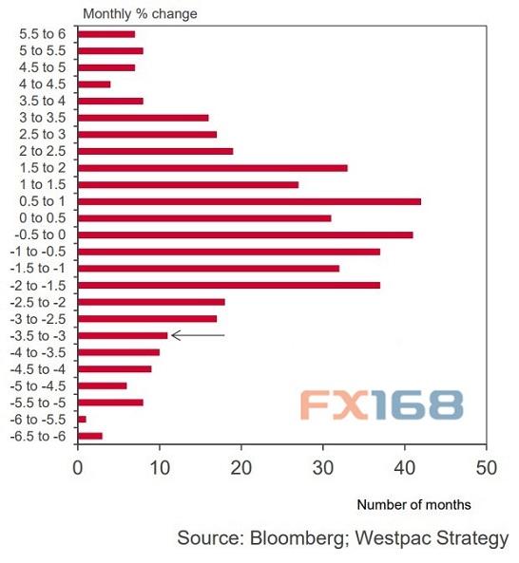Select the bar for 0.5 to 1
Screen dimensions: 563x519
click(249, 201)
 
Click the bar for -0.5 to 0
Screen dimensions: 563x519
click(245, 235)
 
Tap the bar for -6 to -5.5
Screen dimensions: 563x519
click(82, 419)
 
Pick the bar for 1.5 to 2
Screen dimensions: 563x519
click(212, 168)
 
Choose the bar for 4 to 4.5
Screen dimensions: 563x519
click(94, 84)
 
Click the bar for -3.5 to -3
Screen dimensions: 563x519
click(123, 335)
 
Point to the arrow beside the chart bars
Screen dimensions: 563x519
click(198, 335)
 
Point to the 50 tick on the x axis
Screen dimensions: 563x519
click(487, 468)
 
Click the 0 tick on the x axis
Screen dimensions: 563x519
click(78, 468)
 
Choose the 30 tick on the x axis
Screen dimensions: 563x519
click(323, 468)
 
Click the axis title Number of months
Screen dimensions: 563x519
click(413, 505)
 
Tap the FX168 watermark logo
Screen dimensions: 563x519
click(382, 404)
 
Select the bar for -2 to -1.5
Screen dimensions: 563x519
click(228, 285)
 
